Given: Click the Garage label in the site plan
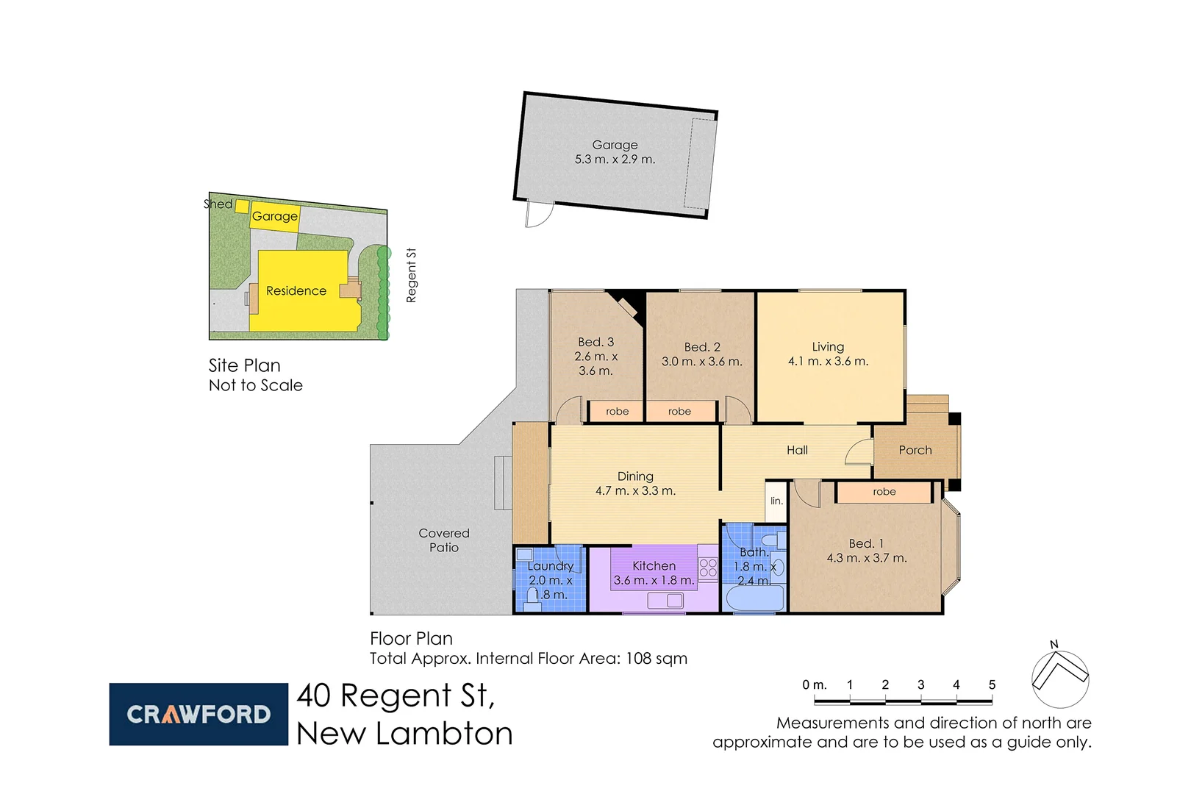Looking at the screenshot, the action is click(x=274, y=216).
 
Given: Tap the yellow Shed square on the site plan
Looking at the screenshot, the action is click(x=242, y=206).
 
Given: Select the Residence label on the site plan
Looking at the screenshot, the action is click(x=296, y=291).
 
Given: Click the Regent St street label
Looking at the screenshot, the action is click(x=411, y=275).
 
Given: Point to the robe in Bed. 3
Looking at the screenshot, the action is click(x=617, y=412).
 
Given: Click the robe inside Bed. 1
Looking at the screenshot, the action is click(x=884, y=492).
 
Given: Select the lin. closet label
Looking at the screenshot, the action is click(x=776, y=501).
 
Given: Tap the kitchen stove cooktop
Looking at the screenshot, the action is click(x=708, y=568).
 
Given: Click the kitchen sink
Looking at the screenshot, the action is click(x=665, y=601).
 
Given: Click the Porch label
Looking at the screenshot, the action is click(x=915, y=450).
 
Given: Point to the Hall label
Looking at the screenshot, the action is click(x=797, y=450).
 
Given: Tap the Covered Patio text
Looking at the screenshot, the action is click(x=443, y=540).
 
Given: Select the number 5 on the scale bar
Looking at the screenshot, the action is click(x=992, y=684).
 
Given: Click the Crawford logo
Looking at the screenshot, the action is click(x=198, y=714).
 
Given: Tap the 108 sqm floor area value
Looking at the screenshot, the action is click(x=656, y=659).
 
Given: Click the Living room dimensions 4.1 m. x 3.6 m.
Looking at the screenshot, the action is click(x=828, y=362).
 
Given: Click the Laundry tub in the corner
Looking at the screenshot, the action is click(x=524, y=555).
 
